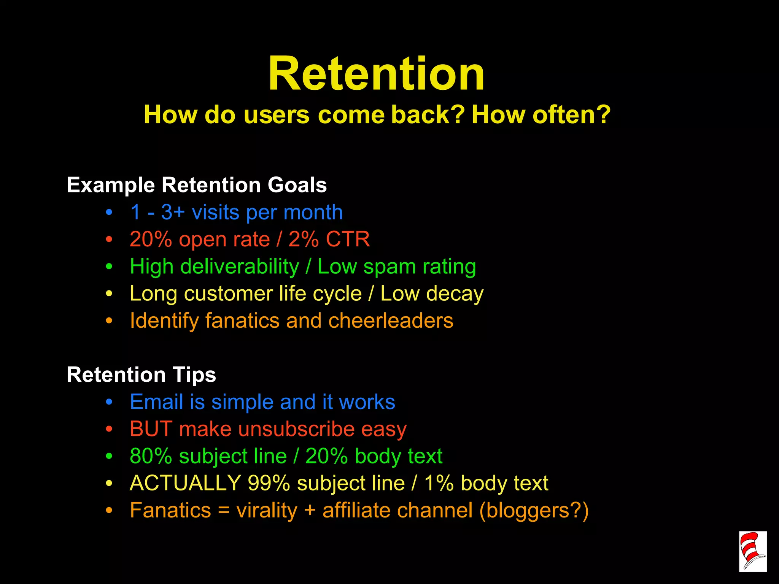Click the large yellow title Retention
point(376,74)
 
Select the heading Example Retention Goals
point(197,185)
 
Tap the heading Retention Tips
point(141,375)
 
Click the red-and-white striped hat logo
point(752,551)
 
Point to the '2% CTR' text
point(329,240)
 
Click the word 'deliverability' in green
point(240,267)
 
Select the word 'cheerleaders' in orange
point(391,321)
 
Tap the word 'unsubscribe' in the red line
point(296,429)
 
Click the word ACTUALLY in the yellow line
point(185,483)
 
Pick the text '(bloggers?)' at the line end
point(534,510)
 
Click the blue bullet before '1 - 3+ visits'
point(109,213)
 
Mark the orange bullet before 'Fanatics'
point(109,511)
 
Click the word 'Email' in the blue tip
point(156,402)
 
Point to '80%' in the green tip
point(151,456)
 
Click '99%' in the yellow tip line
point(269,483)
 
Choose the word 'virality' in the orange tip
point(267,510)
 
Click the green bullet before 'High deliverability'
point(109,267)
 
